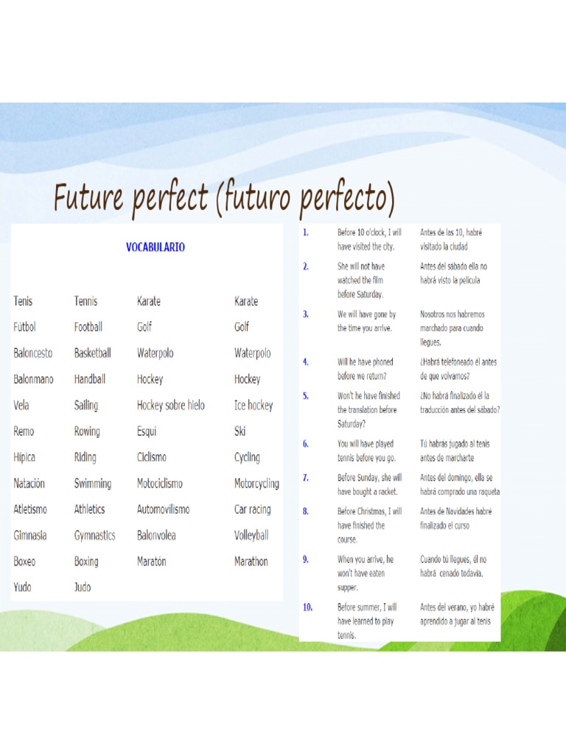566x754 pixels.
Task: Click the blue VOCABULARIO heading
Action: click(x=155, y=247)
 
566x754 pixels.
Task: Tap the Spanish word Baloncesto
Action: click(x=33, y=353)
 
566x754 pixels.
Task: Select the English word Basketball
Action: click(x=92, y=353)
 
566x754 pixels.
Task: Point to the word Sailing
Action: click(x=85, y=406)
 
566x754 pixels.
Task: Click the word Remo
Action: click(x=24, y=431)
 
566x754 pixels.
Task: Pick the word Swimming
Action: click(x=92, y=484)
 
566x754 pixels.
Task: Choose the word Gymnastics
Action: click(x=94, y=535)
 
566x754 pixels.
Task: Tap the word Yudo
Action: click(x=23, y=588)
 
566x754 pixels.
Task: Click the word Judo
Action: click(x=83, y=588)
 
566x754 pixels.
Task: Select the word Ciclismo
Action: click(x=152, y=457)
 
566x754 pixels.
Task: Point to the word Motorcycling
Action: click(x=256, y=484)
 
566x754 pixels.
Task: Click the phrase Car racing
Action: click(x=252, y=510)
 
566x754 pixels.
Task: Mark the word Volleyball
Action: click(x=251, y=535)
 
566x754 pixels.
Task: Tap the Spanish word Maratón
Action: click(x=152, y=561)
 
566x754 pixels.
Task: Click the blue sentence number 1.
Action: click(x=305, y=233)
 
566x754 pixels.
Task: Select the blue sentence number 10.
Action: click(x=307, y=607)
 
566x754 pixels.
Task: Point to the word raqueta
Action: click(x=483, y=492)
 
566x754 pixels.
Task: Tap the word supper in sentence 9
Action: click(x=348, y=588)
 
